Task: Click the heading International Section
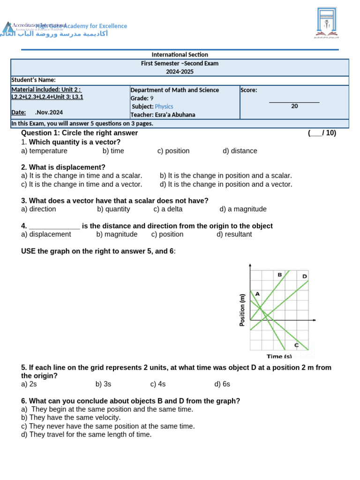pyautogui.click(x=180, y=55)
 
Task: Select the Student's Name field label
pyautogui.click(x=33, y=80)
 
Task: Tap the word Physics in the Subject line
pyautogui.click(x=164, y=106)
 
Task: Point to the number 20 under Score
pyautogui.click(x=294, y=106)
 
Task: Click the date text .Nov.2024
pyautogui.click(x=49, y=112)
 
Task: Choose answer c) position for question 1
pyautogui.click(x=173, y=151)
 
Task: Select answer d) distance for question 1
pyautogui.click(x=240, y=151)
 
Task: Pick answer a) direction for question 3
pyautogui.click(x=38, y=209)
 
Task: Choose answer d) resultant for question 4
pyautogui.click(x=234, y=234)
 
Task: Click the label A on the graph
pyautogui.click(x=257, y=294)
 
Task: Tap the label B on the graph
pyautogui.click(x=280, y=275)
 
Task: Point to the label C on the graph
pyautogui.click(x=296, y=345)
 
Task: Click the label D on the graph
pyautogui.click(x=305, y=276)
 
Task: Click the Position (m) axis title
pyautogui.click(x=242, y=310)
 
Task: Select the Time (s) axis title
pyautogui.click(x=279, y=357)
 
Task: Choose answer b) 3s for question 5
pyautogui.click(x=103, y=384)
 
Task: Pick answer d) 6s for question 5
pyautogui.click(x=222, y=384)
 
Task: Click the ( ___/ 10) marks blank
pyautogui.click(x=322, y=133)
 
